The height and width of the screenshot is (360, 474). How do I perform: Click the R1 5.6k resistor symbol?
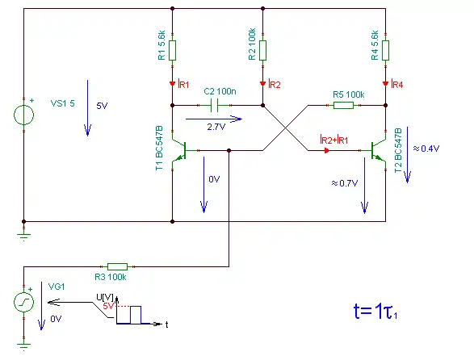tap(172, 50)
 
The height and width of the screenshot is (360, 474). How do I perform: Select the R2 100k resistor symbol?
tap(262, 50)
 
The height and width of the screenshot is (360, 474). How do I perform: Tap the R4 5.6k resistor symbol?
tap(385, 50)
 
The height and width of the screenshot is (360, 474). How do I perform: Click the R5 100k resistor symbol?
tap(343, 105)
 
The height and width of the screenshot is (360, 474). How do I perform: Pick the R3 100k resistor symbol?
tap(118, 266)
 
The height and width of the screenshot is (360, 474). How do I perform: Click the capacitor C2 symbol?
tap(214, 106)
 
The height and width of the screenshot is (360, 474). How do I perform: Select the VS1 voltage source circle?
tap(24, 115)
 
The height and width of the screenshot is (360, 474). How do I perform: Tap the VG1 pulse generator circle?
tap(24, 302)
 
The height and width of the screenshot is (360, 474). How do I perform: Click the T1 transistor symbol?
tap(179, 150)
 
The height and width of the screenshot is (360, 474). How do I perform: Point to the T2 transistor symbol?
tap(378, 150)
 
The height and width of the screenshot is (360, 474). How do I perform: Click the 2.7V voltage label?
tap(216, 127)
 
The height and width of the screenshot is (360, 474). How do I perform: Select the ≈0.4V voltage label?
tap(426, 149)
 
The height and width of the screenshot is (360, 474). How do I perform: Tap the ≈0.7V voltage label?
tap(345, 183)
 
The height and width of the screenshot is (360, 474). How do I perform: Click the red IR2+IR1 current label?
tap(334, 140)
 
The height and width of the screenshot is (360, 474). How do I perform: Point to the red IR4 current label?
tap(397, 84)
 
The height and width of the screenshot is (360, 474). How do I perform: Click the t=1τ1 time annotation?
tap(375, 311)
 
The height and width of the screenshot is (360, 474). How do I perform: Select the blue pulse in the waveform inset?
tap(136, 315)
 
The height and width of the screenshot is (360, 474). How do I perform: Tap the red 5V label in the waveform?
tap(108, 306)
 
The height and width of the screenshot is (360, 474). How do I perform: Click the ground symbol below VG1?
tap(24, 345)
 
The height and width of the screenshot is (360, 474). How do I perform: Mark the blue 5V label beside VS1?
tap(102, 106)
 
